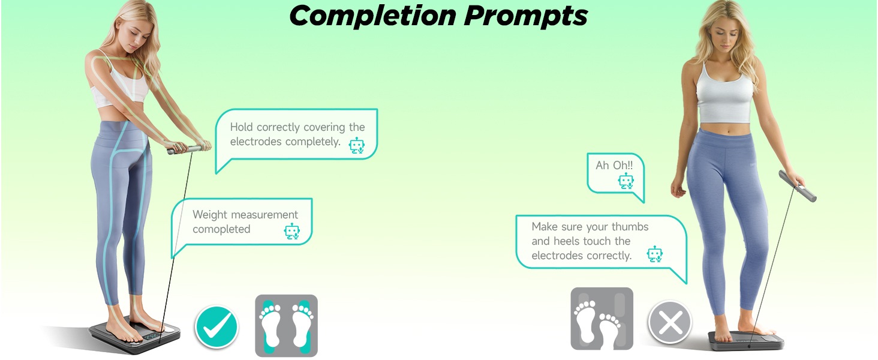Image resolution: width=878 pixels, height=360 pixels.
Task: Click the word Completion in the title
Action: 372,16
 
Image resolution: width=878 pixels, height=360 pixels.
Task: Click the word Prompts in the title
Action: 526,16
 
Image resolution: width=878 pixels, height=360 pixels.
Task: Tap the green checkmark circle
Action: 217,326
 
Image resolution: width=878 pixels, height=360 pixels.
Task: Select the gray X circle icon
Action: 670,322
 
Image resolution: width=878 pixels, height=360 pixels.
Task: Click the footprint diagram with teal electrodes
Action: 286,325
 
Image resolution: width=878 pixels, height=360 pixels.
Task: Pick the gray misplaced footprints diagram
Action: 602,319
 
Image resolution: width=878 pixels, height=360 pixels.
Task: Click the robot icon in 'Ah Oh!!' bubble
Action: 626,181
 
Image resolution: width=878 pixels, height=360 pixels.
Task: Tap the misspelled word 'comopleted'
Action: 221,229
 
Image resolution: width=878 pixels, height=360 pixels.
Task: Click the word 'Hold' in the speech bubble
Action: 241,127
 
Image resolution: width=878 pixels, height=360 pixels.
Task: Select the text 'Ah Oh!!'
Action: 614,165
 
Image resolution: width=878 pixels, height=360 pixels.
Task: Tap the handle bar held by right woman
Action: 797,186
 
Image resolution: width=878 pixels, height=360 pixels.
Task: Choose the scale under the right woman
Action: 746,340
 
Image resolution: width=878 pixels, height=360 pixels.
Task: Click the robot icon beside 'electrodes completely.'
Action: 357,145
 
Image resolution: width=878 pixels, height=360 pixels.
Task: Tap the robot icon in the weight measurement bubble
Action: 291,232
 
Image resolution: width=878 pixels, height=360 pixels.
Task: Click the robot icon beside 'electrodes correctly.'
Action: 654,254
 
